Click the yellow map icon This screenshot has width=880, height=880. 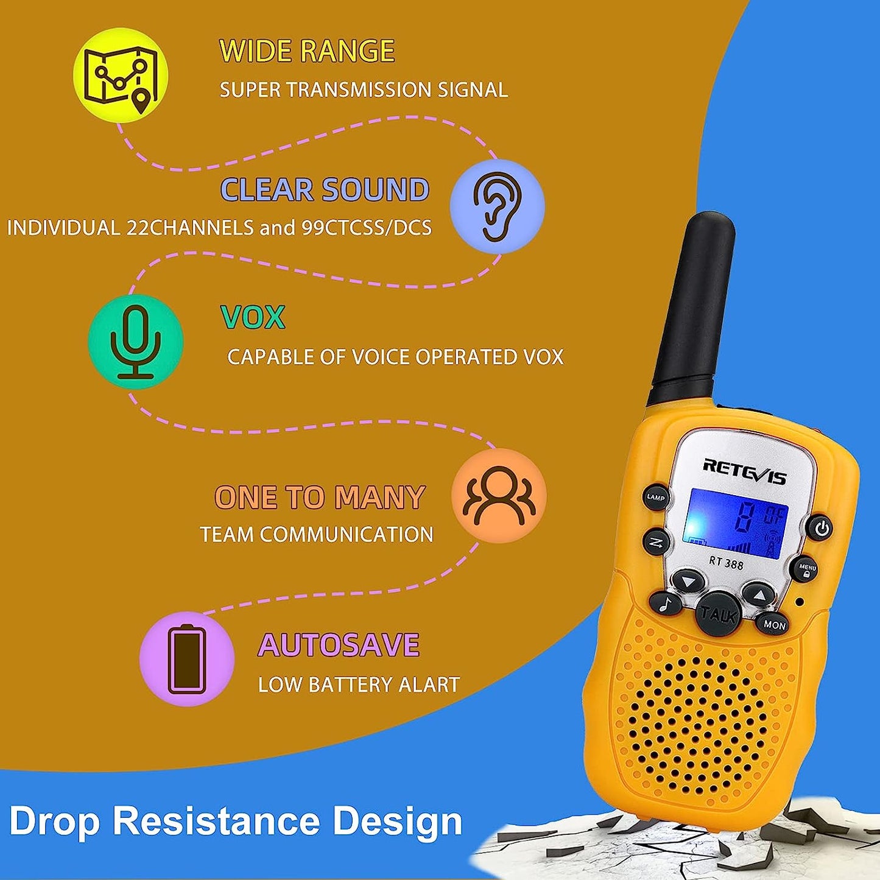tap(121, 75)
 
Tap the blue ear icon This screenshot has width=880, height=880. tap(497, 205)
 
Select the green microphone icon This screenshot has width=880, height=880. tap(135, 342)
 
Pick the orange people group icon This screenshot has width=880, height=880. tap(499, 496)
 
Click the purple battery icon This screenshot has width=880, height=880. tap(187, 660)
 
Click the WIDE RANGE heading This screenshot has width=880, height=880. tap(307, 51)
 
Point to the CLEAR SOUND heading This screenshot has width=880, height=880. tap(325, 190)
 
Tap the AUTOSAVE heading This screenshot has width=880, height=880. tap(339, 646)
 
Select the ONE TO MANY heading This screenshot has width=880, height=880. tap(320, 498)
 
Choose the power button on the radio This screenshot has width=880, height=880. tap(822, 527)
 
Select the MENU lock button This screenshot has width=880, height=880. tap(807, 570)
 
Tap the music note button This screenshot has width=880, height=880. tap(666, 604)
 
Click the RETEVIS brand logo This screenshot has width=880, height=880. tap(744, 471)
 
